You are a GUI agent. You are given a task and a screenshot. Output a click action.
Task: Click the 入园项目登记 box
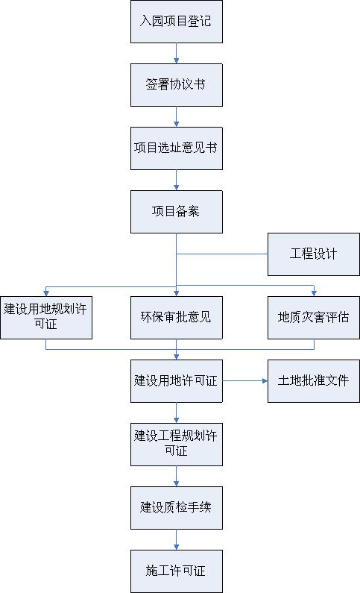[177, 22]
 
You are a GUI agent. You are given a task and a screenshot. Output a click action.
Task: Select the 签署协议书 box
[177, 85]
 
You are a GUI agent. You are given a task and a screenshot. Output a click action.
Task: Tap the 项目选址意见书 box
[177, 148]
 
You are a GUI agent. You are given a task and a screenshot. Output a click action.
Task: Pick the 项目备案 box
[177, 212]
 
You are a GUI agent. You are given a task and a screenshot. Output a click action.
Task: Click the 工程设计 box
[314, 254]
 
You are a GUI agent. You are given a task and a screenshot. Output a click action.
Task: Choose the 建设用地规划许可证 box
[46, 318]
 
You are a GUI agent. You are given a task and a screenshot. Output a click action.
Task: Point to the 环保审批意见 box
[177, 318]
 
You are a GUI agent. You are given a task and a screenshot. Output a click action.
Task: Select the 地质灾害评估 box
[314, 318]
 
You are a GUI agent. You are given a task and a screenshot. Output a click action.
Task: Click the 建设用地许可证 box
[177, 381]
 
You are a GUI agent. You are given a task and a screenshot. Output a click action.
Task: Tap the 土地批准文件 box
[314, 381]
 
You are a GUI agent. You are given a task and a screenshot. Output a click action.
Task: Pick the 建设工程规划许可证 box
[177, 445]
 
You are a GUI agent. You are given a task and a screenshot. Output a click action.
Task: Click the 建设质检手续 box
[177, 508]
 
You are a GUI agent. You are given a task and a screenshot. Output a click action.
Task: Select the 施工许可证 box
[177, 571]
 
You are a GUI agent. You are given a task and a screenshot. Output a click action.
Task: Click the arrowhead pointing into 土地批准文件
[265, 381]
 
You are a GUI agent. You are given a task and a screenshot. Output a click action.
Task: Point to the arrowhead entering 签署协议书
[177, 61]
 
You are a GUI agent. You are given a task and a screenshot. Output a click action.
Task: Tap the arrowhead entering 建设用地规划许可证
[46, 294]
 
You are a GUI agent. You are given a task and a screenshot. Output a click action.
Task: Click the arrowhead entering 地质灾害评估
[314, 294]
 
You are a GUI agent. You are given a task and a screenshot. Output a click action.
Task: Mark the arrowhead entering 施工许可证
[177, 547]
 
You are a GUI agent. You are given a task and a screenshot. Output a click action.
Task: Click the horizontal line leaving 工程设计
[222, 254]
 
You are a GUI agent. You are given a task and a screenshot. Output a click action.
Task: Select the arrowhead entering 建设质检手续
[177, 484]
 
